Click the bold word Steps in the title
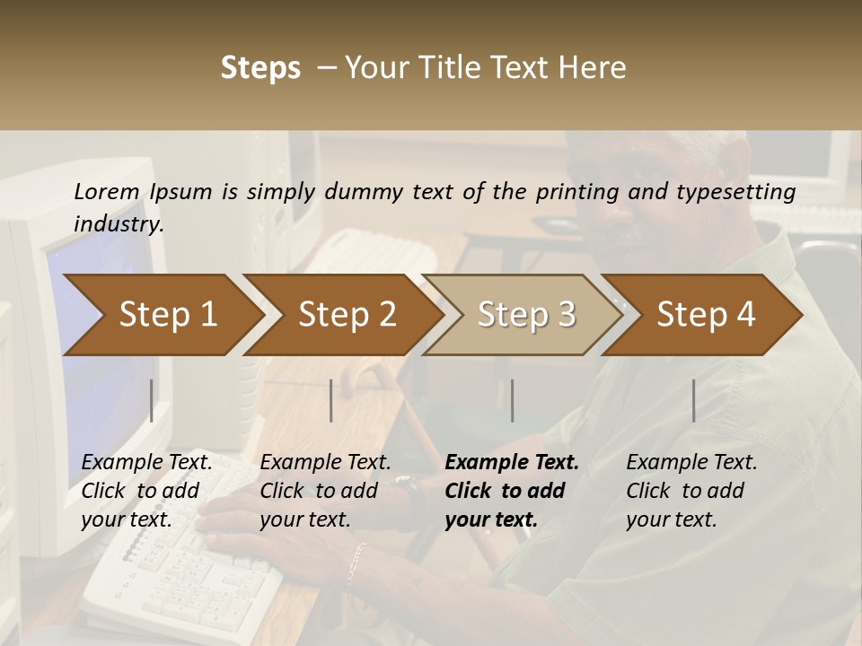click(x=260, y=68)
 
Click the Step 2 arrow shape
click(x=341, y=315)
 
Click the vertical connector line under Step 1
click(x=151, y=400)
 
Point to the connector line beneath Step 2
click(x=331, y=400)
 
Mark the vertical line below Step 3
click(x=512, y=400)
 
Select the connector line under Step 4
click(x=693, y=400)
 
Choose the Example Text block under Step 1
click(x=146, y=491)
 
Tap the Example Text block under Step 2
click(x=325, y=491)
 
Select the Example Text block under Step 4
click(x=691, y=491)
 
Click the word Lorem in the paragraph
click(x=107, y=191)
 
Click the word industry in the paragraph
click(x=119, y=224)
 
